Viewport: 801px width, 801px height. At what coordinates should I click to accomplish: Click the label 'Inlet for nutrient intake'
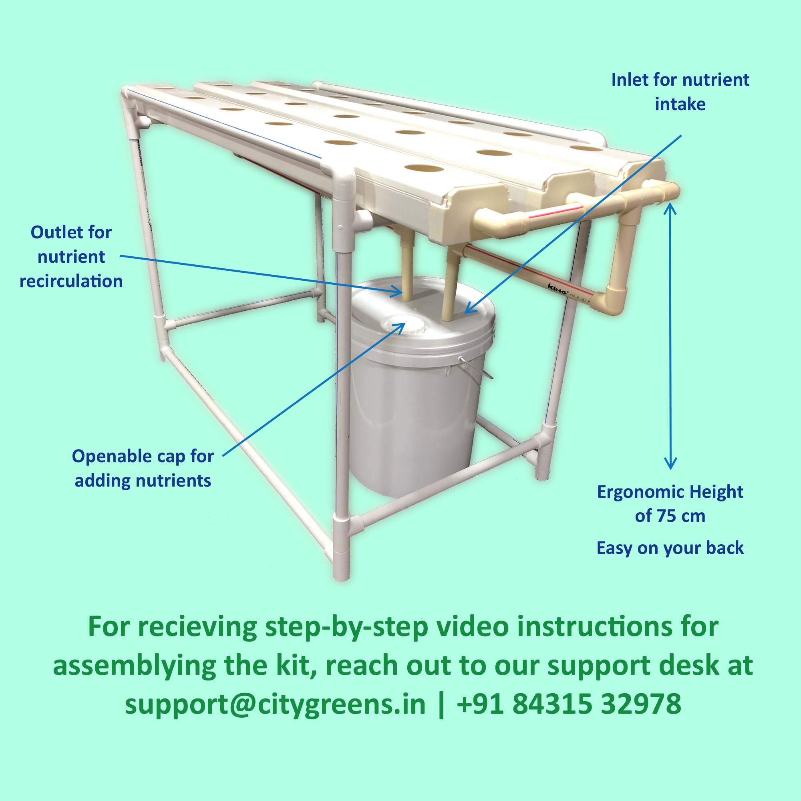coord(680,92)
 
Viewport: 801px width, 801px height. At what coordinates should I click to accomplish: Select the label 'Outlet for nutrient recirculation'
coord(71,257)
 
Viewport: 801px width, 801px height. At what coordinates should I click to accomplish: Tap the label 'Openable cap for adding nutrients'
coord(143,468)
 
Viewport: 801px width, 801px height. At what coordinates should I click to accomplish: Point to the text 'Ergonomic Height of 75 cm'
coord(670,504)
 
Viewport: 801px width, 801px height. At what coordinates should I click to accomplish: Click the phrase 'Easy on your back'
coord(670,547)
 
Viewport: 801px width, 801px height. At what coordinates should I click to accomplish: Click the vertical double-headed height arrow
coord(670,336)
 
